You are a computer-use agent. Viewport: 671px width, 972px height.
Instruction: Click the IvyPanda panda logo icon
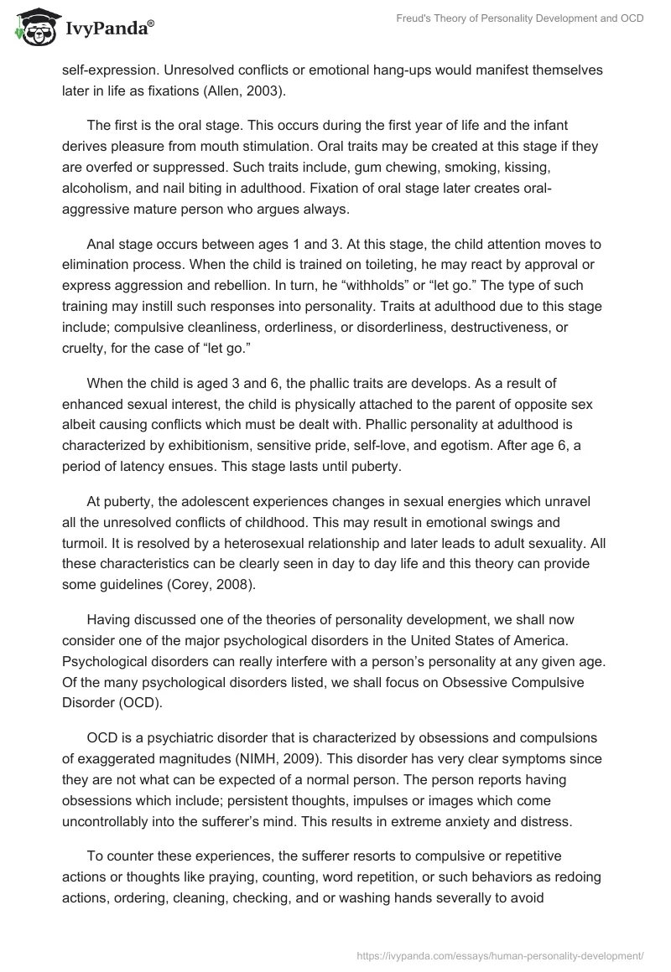(34, 28)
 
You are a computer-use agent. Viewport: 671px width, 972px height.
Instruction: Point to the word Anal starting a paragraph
(103, 244)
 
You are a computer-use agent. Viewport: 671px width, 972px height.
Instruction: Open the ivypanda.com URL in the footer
(500, 954)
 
